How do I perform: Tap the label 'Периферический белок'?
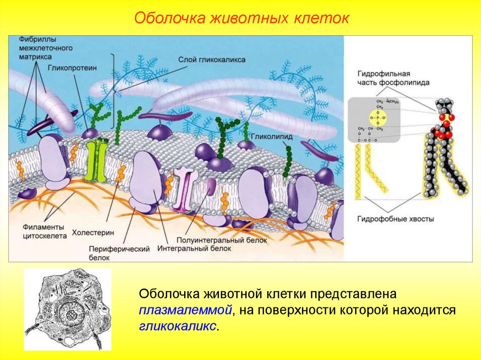click(119, 253)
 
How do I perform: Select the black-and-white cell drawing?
click(68, 309)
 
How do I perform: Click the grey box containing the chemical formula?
click(374, 119)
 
